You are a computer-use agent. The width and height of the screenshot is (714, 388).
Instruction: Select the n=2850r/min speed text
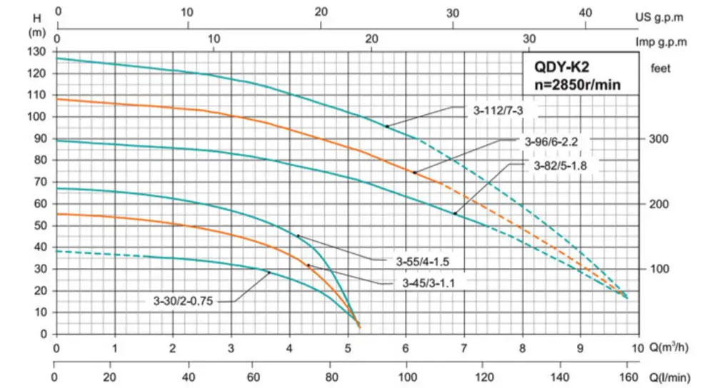(578, 85)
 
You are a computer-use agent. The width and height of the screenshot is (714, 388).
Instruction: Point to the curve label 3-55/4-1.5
(421, 260)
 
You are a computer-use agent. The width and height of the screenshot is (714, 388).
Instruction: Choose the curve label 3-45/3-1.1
(428, 283)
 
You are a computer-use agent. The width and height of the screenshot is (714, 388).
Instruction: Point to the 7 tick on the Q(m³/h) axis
(463, 349)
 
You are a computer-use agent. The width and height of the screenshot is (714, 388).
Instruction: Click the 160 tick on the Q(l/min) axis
(628, 379)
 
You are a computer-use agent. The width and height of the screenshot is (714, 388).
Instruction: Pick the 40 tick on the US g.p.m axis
(585, 12)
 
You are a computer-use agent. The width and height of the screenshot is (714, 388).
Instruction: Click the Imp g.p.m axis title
(661, 41)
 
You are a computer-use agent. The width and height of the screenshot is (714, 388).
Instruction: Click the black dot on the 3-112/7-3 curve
(387, 126)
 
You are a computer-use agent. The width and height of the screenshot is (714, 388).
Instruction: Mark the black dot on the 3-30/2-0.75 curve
(269, 272)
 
